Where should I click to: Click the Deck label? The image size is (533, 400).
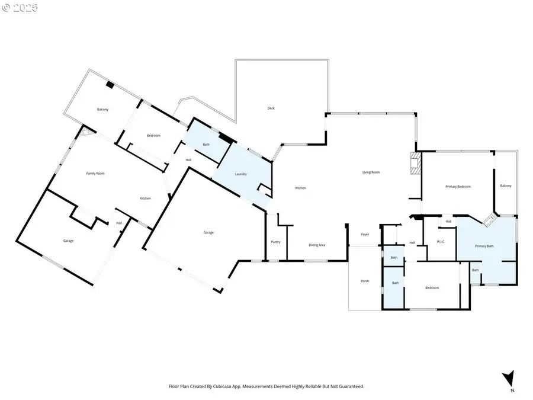tap(271, 108)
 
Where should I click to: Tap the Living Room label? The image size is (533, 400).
tap(371, 172)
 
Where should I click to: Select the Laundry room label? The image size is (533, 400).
tap(240, 174)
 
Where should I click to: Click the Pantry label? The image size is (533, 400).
tap(275, 242)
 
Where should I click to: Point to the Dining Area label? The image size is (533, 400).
tap(317, 245)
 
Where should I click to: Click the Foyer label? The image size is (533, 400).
tap(365, 235)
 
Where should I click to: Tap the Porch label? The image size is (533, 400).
tap(365, 281)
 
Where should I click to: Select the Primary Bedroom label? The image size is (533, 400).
tap(458, 187)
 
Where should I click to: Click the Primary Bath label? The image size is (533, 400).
tap(484, 245)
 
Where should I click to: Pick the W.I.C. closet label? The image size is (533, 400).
tap(441, 242)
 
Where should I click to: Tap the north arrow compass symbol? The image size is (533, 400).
tap(508, 380)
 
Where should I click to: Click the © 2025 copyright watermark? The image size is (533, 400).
tap(20, 8)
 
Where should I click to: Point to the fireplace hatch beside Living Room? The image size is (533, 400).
tap(415, 163)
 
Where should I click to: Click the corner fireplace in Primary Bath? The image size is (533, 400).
tap(489, 220)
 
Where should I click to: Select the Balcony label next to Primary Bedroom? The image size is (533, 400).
tap(505, 186)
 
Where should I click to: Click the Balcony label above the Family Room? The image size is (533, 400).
tap(103, 110)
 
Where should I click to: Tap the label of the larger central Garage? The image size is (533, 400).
tap(208, 232)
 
